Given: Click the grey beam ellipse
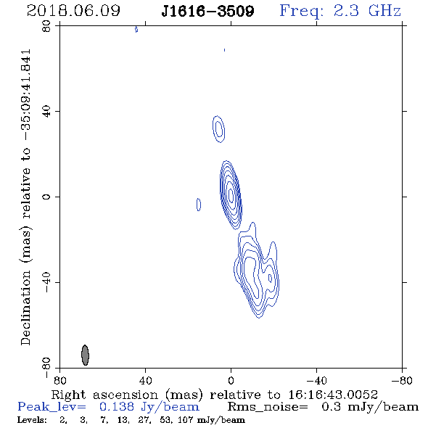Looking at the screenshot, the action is point(85,355).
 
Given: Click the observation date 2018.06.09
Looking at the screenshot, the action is point(73,11).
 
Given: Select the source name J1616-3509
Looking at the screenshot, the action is point(207,11).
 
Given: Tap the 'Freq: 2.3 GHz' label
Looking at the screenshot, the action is point(340,11).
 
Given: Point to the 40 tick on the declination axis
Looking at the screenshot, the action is point(46,112).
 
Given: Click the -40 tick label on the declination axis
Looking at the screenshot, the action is point(46,282).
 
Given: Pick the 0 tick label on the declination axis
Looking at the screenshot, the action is point(46,197).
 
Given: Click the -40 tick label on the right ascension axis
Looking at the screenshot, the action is point(316,380).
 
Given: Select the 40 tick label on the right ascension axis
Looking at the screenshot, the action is point(145,380).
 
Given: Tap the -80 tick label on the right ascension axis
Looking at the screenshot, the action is point(402,380).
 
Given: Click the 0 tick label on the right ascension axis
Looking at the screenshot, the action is point(231,380).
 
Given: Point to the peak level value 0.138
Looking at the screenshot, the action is point(117,407).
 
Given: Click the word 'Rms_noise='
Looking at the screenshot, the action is point(268,407).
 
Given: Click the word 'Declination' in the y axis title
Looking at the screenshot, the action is point(25,308).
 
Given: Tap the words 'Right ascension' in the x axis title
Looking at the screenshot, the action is point(104,395).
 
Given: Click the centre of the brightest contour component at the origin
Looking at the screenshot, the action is point(231,195).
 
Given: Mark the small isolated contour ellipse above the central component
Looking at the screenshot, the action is point(218,129).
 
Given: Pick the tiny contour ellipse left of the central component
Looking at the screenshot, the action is point(199,205).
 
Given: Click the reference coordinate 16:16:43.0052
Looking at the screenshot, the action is point(333,395).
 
